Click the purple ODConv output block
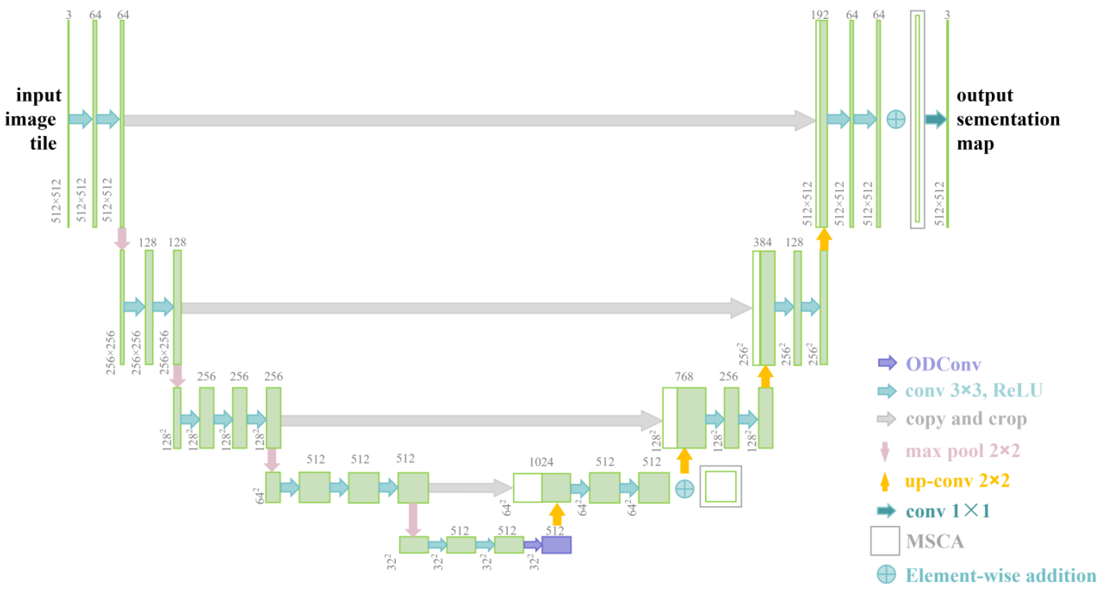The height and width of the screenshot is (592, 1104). (556, 545)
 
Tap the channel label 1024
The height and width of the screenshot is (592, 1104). (541, 462)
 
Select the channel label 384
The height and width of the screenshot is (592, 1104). (762, 243)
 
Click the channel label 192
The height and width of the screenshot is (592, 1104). (819, 15)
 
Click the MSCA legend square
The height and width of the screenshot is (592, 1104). (885, 541)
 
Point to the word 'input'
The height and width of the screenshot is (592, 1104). (38, 95)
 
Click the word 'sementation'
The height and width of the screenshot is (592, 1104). (1008, 120)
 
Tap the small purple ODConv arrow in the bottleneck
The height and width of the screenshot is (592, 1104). (533, 545)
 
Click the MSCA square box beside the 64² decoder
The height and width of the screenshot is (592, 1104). (721, 486)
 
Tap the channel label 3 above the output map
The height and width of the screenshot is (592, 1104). (947, 15)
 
